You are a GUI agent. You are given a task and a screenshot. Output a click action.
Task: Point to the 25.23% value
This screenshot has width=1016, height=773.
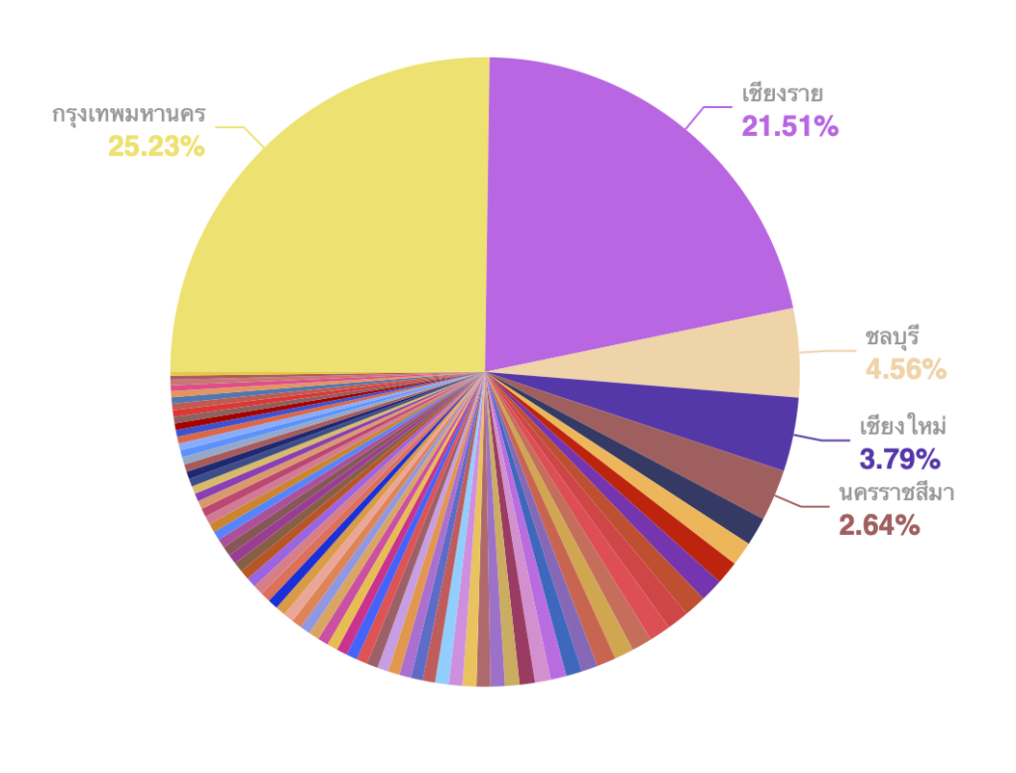click(157, 147)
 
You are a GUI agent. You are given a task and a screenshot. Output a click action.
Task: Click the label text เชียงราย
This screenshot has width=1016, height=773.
click(783, 94)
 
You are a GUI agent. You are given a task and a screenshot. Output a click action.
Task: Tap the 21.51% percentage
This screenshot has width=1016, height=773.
click(790, 126)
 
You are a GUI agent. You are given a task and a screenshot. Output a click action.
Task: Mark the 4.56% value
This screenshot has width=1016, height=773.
click(906, 370)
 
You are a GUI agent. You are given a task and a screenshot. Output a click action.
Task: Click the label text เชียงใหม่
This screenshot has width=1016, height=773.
click(902, 427)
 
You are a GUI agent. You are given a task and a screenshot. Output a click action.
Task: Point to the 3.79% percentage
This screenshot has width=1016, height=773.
click(898, 459)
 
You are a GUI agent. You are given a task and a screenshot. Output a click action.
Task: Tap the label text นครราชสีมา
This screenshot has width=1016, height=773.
click(897, 492)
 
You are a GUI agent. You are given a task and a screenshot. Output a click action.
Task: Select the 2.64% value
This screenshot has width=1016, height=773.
click(879, 525)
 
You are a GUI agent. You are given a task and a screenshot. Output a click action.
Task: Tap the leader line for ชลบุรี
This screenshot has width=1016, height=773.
click(828, 351)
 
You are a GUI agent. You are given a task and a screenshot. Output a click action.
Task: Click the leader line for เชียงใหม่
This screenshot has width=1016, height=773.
click(824, 441)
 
